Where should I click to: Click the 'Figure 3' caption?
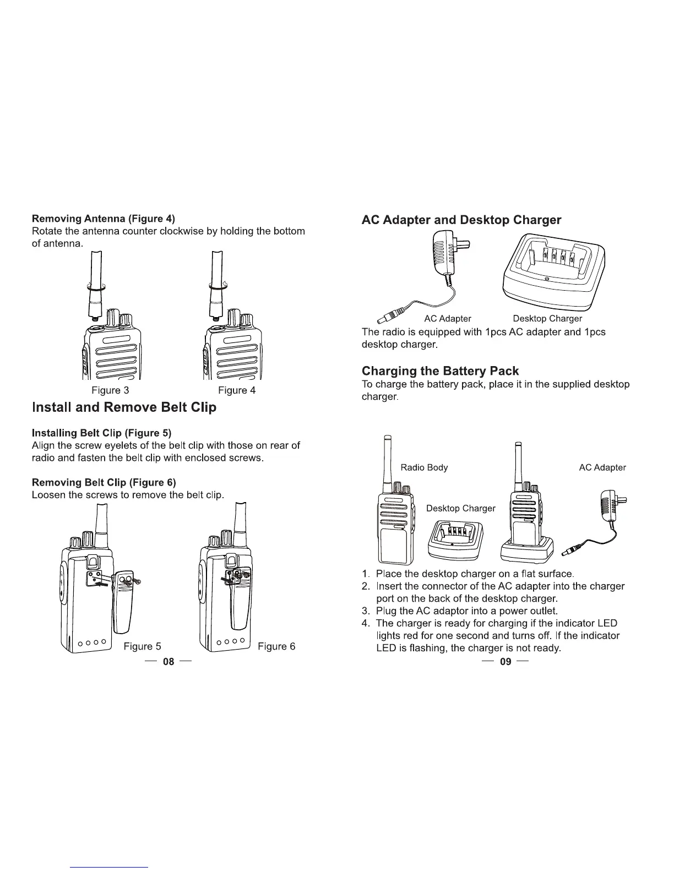pyautogui.click(x=110, y=390)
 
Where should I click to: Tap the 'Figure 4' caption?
pyautogui.click(x=237, y=390)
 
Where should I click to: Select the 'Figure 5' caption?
pyautogui.click(x=142, y=646)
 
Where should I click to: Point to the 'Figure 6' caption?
pyautogui.click(x=276, y=646)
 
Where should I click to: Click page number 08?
pyautogui.click(x=168, y=661)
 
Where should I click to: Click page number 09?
pyautogui.click(x=506, y=661)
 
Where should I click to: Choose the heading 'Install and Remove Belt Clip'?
pyautogui.click(x=124, y=407)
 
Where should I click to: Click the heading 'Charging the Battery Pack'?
pyautogui.click(x=440, y=370)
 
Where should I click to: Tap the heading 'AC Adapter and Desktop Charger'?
pyautogui.click(x=461, y=220)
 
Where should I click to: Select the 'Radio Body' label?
pyautogui.click(x=424, y=467)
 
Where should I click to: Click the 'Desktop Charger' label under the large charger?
pyautogui.click(x=547, y=318)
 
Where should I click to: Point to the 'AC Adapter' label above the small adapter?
pyautogui.click(x=602, y=467)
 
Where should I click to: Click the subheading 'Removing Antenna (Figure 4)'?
pyautogui.click(x=104, y=219)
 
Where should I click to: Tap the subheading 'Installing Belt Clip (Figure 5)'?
pyautogui.click(x=102, y=433)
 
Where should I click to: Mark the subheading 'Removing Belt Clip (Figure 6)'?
pyautogui.click(x=104, y=482)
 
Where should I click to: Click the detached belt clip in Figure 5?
pyautogui.click(x=123, y=603)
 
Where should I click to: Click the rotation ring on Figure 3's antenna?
pyautogui.click(x=96, y=287)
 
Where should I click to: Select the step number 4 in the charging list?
pyautogui.click(x=365, y=623)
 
